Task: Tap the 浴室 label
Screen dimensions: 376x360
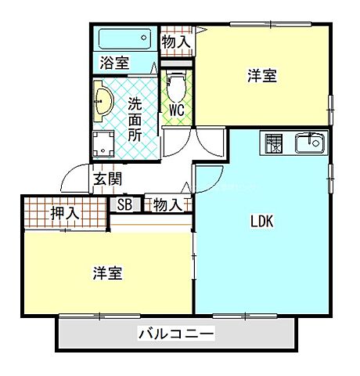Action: (115, 63)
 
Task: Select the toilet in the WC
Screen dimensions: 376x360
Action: (175, 85)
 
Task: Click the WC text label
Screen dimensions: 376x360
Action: (176, 110)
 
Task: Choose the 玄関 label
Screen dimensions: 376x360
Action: (107, 179)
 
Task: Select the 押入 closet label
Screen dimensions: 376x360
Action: (64, 213)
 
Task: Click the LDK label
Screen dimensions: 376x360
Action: (261, 222)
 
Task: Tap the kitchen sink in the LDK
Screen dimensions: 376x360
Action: (310, 143)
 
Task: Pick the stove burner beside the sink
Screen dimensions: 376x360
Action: (275, 143)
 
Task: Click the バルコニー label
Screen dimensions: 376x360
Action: (176, 334)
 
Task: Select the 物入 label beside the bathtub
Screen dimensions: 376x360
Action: (175, 42)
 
